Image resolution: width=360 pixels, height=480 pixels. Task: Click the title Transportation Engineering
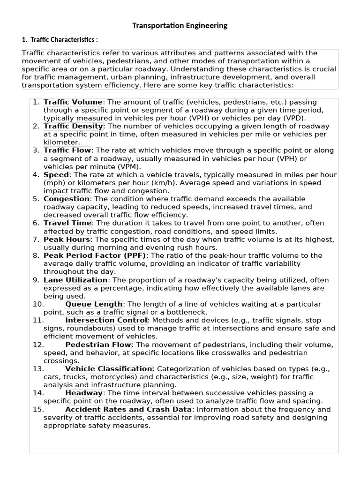point(180,25)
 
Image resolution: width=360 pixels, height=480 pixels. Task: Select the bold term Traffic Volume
point(73,102)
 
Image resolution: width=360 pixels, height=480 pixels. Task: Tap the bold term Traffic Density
point(73,126)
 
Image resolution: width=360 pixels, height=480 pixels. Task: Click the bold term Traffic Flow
point(67,150)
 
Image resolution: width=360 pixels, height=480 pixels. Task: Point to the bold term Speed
point(56,174)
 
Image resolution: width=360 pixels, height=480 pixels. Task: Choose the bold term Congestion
point(66,199)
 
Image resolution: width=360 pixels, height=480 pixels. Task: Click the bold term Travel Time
point(67,223)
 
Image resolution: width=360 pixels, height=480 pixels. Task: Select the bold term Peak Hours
point(67,239)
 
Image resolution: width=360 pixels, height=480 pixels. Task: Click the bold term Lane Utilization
point(75,280)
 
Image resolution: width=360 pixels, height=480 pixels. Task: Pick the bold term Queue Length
point(94,304)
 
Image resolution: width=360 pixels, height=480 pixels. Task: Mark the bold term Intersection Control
point(106,320)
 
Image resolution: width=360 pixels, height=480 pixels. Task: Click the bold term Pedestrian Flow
point(98,345)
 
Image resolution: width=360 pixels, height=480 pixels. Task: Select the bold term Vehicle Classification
point(108,369)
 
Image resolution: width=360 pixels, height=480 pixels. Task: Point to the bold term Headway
point(84,393)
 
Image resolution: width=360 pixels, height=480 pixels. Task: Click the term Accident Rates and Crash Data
point(128,409)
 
